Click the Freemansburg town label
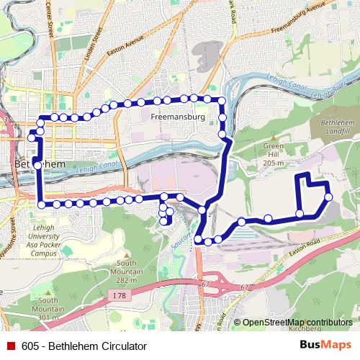coord(179,116)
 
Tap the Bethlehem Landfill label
coord(333,128)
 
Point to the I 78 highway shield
coord(120,294)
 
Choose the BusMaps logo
coord(325,346)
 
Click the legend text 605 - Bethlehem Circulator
coord(79,346)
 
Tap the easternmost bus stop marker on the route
coord(328,197)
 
